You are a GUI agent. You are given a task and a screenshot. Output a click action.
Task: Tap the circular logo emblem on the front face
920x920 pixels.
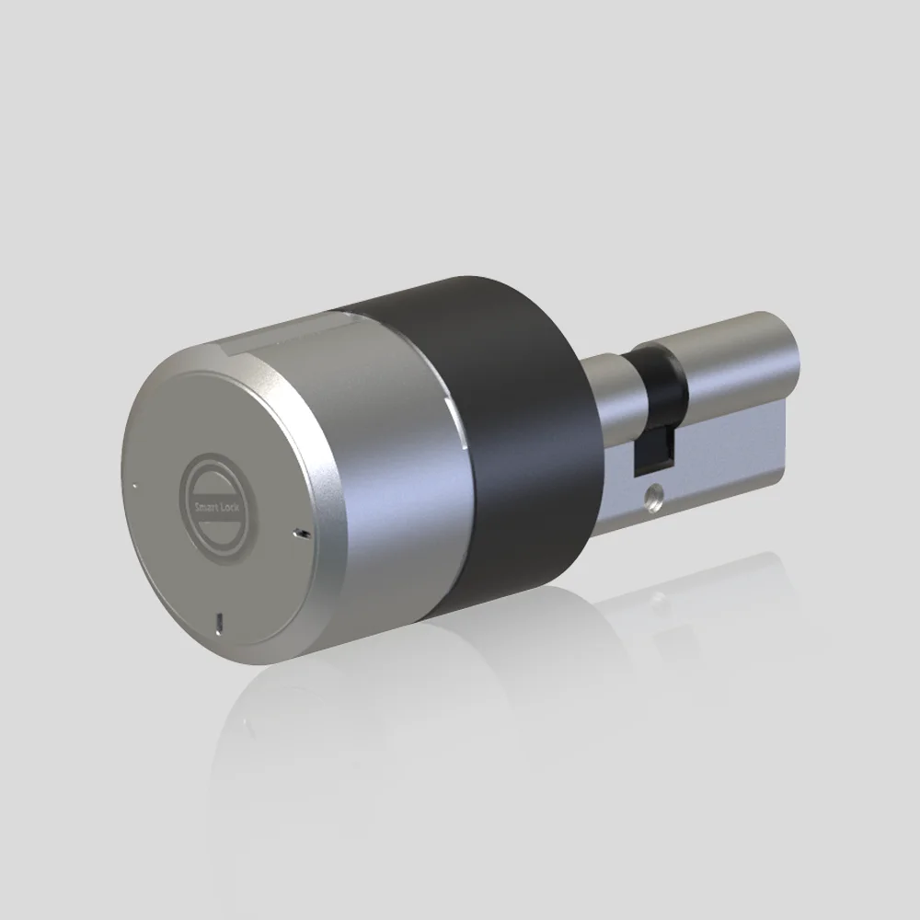[217, 508]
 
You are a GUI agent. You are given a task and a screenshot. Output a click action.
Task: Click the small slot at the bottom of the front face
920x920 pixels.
[219, 622]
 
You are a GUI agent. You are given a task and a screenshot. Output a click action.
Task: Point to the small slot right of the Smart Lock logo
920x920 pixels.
[302, 534]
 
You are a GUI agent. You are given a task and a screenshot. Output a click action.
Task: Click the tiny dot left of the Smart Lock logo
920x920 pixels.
[135, 486]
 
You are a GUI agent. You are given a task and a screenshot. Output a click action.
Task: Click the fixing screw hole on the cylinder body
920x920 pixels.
[652, 496]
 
